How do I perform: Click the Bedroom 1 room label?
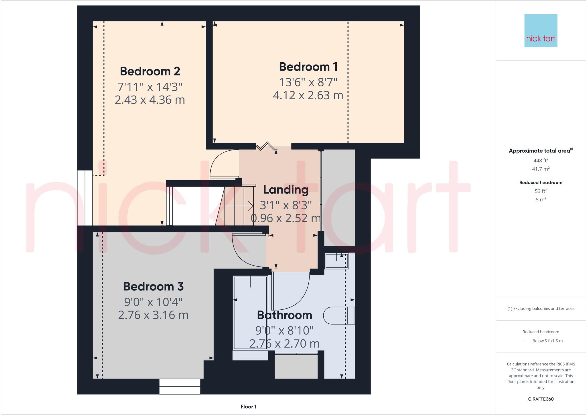[308, 67]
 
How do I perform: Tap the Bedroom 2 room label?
[150, 71]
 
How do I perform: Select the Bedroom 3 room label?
[153, 286]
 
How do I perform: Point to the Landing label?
[286, 190]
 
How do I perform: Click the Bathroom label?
[284, 315]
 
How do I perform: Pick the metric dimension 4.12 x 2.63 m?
[308, 95]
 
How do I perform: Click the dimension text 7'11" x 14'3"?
[150, 86]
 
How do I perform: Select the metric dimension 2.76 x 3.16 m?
[153, 315]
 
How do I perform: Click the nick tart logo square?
[541, 30]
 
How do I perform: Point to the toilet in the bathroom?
[338, 316]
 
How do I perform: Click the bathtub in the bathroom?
[250, 313]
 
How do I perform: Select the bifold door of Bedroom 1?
[267, 146]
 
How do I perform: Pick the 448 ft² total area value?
[541, 160]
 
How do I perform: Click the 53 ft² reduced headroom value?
[541, 191]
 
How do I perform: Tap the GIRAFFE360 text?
[541, 399]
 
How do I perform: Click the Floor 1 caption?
[249, 407]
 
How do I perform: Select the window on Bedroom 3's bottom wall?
[180, 386]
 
